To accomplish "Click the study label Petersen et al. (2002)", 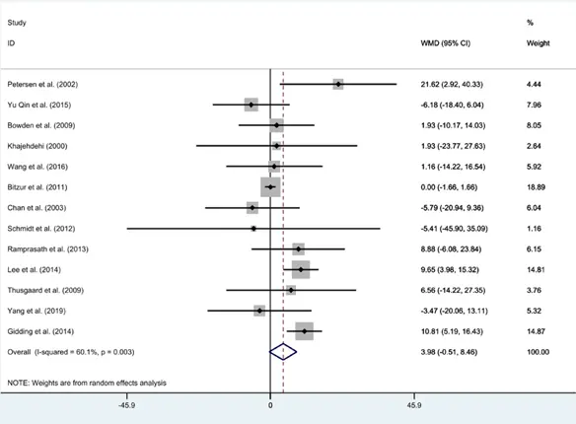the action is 42,85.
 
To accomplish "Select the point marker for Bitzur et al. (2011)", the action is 270,187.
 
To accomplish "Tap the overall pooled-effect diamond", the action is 283,352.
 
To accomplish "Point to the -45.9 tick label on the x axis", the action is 126,405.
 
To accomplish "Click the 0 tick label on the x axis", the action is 270,405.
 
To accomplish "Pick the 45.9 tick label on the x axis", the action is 414,405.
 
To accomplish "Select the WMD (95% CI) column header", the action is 445,43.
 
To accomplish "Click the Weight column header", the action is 539,43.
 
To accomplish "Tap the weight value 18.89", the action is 536,187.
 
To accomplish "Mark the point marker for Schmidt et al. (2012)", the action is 253,229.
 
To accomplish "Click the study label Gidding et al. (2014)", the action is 40,331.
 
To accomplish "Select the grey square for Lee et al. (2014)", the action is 301,269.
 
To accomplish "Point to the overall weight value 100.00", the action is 539,352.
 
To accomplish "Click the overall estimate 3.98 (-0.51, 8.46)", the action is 449,352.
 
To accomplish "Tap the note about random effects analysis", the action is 87,383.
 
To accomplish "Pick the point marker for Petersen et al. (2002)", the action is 338,84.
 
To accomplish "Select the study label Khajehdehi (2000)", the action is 37,146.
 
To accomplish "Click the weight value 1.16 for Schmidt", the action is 534,229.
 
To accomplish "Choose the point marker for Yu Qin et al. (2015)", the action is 251,105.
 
